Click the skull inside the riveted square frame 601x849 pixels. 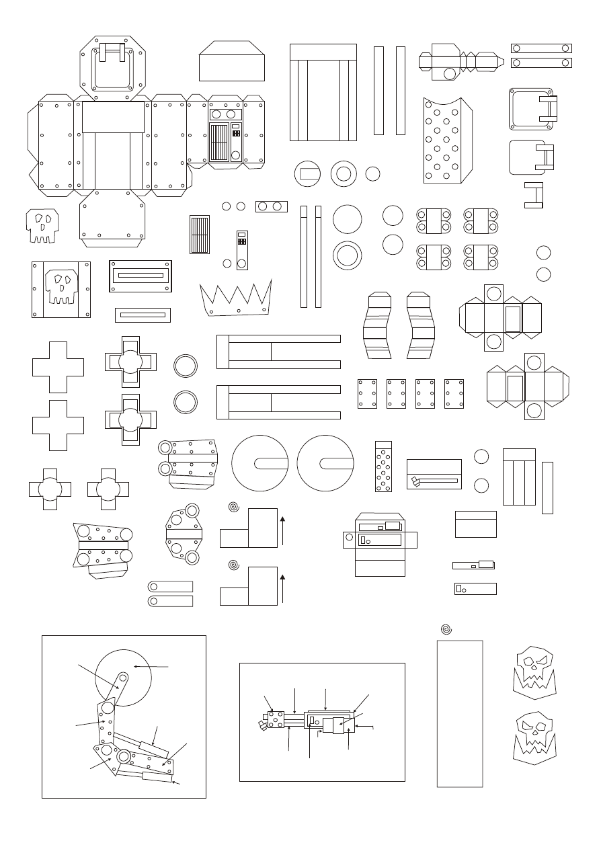(x=61, y=288)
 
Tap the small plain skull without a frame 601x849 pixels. (x=42, y=225)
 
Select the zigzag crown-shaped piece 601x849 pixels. (x=235, y=298)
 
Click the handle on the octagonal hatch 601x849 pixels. (x=113, y=52)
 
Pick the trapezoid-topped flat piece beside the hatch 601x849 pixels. (x=232, y=61)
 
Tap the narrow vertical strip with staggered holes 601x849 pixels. (x=383, y=467)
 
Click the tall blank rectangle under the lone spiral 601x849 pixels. (x=460, y=713)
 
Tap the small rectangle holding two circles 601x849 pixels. (x=272, y=206)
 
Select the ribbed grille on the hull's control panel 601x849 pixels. (x=219, y=142)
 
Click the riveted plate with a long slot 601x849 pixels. (x=141, y=276)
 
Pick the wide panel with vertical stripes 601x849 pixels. (x=323, y=92)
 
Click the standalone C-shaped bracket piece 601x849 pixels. (x=534, y=195)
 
